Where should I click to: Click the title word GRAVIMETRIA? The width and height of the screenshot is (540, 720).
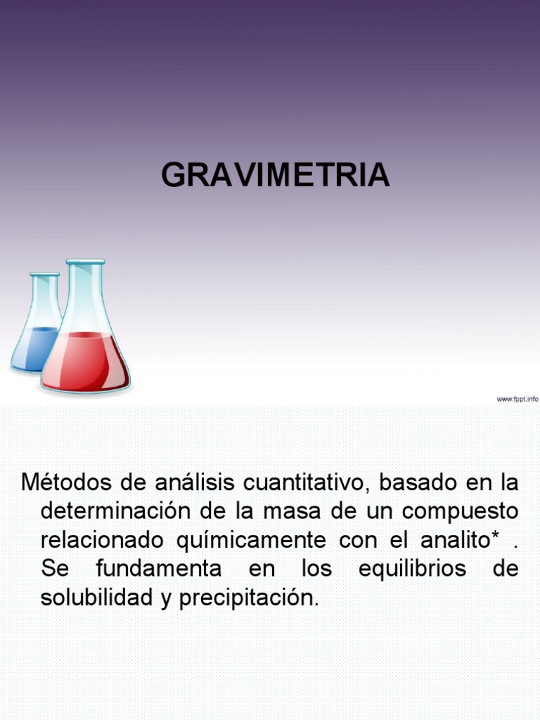[275, 175]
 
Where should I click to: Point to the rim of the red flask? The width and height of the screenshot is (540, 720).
[85, 262]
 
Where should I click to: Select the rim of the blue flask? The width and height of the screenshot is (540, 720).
[44, 275]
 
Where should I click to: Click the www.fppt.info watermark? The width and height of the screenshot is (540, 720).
[517, 399]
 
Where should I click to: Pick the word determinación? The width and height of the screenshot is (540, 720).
[119, 511]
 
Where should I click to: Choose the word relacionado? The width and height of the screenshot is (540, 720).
[105, 540]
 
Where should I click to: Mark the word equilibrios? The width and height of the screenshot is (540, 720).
[412, 569]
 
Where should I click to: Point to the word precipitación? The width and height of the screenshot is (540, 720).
[249, 598]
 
